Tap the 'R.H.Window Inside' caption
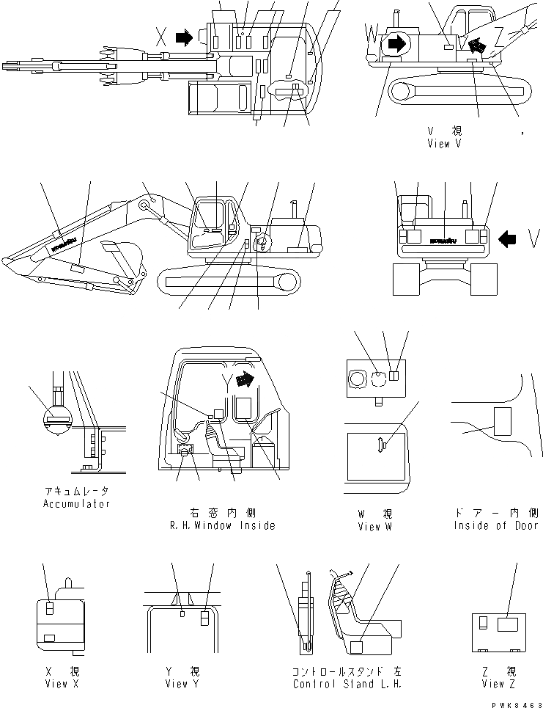221,525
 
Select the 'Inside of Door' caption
495,525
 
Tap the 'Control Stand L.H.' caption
347,684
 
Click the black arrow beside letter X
188,37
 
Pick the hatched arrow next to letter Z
477,45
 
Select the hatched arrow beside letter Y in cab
249,378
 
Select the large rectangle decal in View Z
508,624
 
